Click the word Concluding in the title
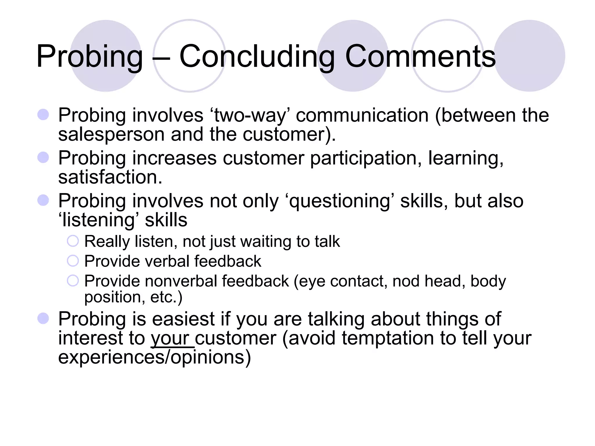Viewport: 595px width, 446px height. [257, 56]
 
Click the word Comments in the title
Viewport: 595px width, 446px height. [420, 56]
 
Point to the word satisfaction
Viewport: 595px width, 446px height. [110, 177]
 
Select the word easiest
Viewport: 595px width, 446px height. [183, 319]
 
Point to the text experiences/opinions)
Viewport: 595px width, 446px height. [154, 357]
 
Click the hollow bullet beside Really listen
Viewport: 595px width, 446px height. [73, 241]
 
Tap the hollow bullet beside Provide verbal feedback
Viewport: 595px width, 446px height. [73, 261]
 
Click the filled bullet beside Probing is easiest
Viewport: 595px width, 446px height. [43, 319]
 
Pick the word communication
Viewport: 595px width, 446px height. [362, 116]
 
